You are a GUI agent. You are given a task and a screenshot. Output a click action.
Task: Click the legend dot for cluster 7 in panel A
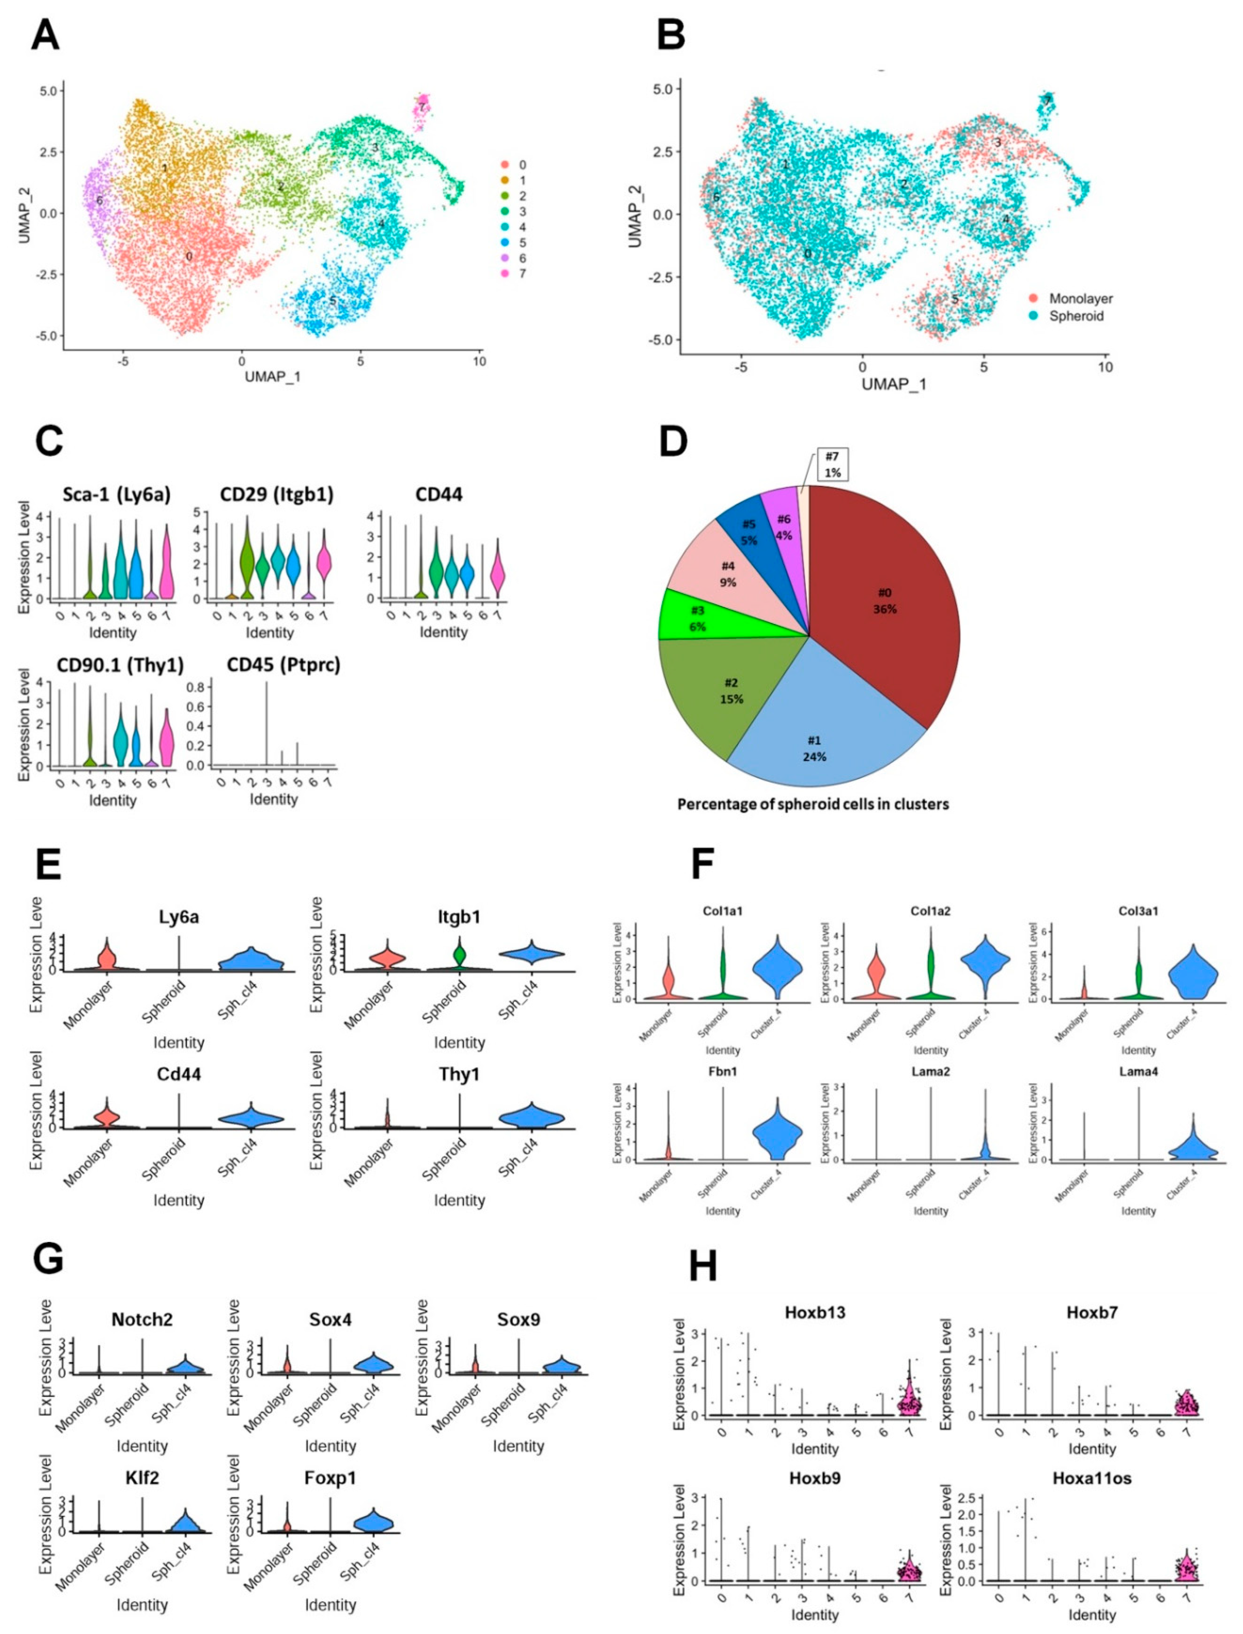pos(505,274)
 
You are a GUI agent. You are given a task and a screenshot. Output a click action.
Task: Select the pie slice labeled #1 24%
pos(814,747)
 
